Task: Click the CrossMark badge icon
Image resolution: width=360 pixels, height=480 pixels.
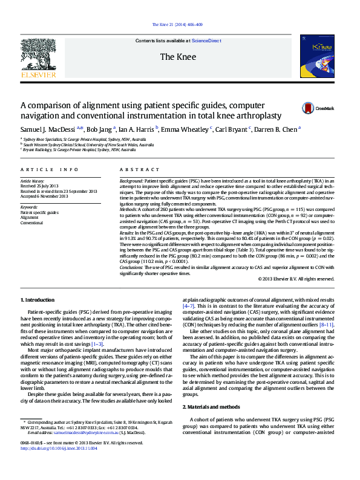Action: pyautogui.click(x=309, y=109)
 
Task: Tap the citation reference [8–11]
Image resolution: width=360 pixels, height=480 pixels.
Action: pyautogui.click(x=326, y=325)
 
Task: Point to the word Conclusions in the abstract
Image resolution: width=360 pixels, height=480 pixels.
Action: pyautogui.click(x=131, y=268)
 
